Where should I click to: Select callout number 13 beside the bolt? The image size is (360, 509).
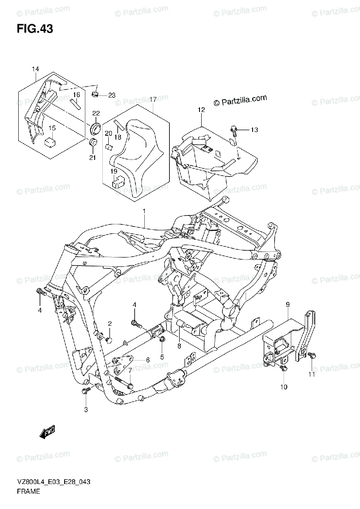point(254,130)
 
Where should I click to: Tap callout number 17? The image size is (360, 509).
point(153,99)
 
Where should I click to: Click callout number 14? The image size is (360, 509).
point(35,69)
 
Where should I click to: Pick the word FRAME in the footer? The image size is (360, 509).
point(29,492)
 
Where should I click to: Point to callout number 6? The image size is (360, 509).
point(147,360)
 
